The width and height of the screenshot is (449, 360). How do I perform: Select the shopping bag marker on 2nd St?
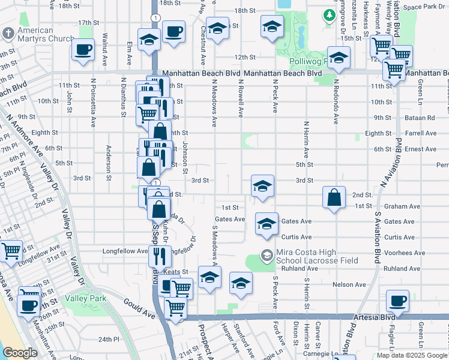click(334, 197)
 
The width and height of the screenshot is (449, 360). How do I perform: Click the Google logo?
click(20, 353)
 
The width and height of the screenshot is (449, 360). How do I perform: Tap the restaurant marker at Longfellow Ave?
click(160, 256)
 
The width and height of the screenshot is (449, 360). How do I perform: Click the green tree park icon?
click(330, 15)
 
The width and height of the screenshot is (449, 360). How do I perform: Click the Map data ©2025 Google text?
click(412, 355)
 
